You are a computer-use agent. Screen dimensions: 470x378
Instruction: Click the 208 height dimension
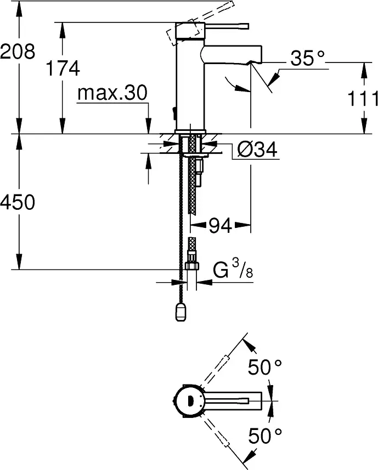18,52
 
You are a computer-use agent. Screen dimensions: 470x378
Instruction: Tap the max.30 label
112,94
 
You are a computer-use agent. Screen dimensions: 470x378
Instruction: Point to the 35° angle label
308,59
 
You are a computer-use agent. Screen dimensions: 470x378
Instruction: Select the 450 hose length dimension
18,203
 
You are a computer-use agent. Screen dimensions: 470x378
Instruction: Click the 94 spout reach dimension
220,226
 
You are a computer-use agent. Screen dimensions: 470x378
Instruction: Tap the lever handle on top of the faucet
225,25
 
